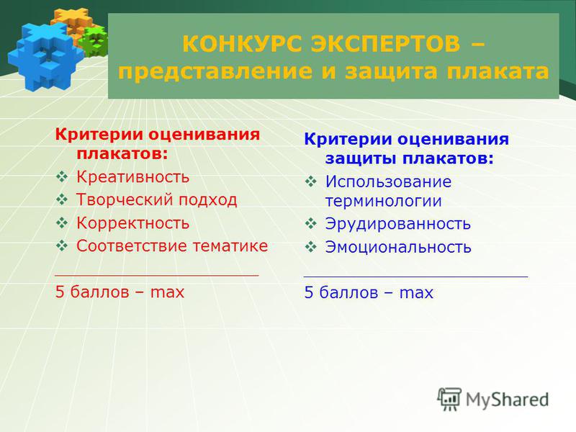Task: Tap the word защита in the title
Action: tap(391, 71)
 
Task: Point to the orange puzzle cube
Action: tap(73, 23)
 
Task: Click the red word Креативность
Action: tap(132, 177)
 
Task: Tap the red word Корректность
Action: tap(132, 223)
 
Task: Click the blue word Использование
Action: tap(388, 181)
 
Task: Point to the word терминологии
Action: tap(384, 202)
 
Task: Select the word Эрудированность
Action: tap(398, 224)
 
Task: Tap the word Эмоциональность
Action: tap(398, 247)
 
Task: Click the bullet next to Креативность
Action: tap(62, 177)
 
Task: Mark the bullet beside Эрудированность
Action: tap(311, 223)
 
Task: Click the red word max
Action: tap(167, 293)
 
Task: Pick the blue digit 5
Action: tap(309, 292)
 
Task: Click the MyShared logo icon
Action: tap(449, 399)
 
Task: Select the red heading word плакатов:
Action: tap(122, 153)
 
